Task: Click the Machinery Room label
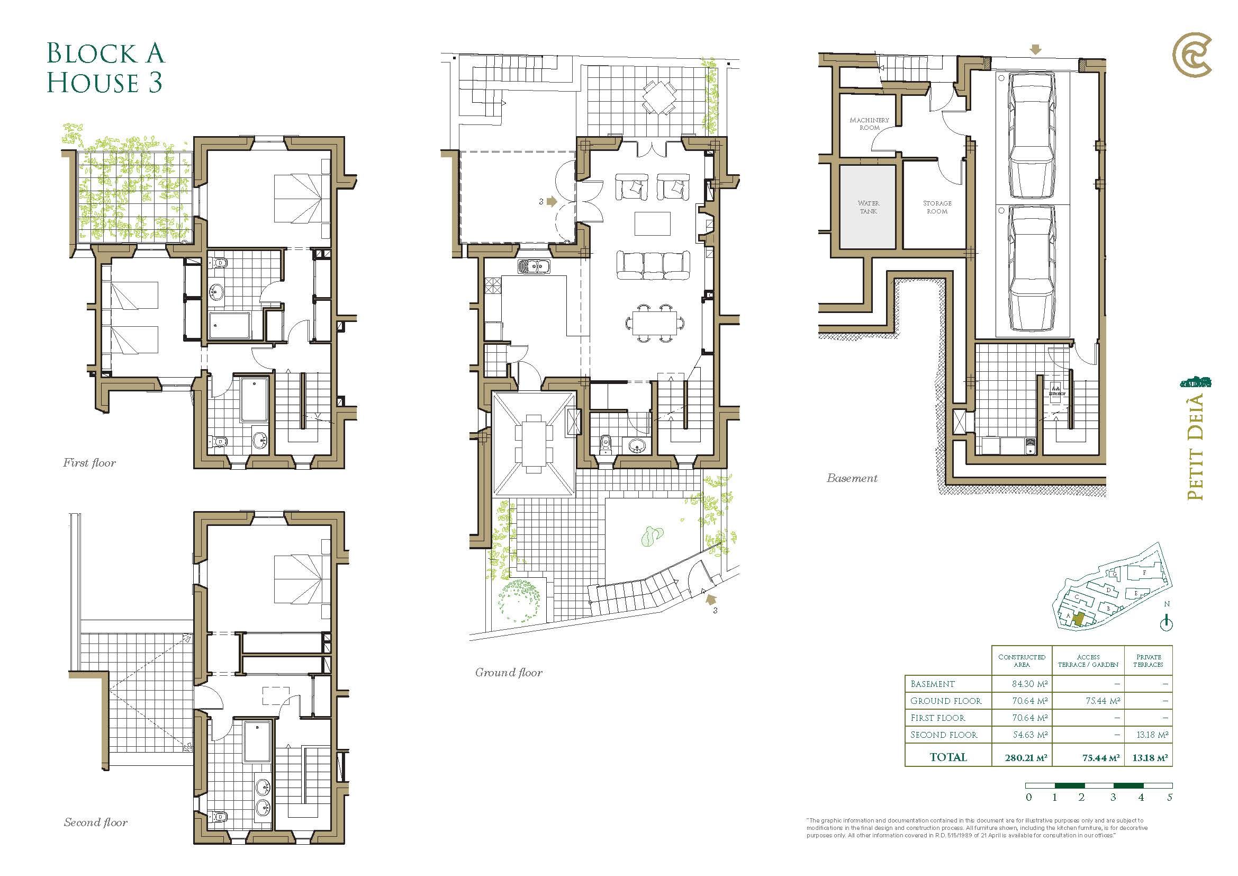pyautogui.click(x=869, y=124)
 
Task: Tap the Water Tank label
pyautogui.click(x=868, y=207)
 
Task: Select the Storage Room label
pyautogui.click(x=937, y=207)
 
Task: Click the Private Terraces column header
pyautogui.click(x=1149, y=661)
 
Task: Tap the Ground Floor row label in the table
pyautogui.click(x=946, y=701)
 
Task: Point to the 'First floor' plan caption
pyautogui.click(x=89, y=463)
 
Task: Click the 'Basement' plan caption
pyautogui.click(x=852, y=478)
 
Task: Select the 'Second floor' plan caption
pyautogui.click(x=96, y=822)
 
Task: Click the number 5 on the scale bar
pyautogui.click(x=1170, y=797)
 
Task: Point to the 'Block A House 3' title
pyautogui.click(x=106, y=68)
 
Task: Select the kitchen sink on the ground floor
pyautogui.click(x=534, y=266)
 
